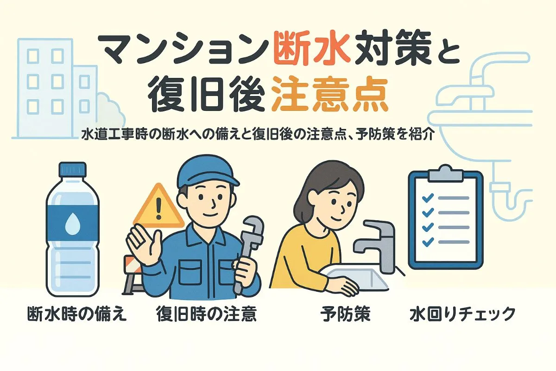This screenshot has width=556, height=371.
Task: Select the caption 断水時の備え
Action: pyautogui.click(x=77, y=314)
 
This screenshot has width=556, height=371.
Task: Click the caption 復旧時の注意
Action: pyautogui.click(x=207, y=314)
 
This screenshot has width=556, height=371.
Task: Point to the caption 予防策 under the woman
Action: pyautogui.click(x=345, y=314)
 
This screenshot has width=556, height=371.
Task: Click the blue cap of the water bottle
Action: pyautogui.click(x=72, y=169)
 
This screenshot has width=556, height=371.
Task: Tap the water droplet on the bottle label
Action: pyautogui.click(x=72, y=224)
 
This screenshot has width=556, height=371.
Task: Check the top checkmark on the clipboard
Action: pyautogui.click(x=428, y=198)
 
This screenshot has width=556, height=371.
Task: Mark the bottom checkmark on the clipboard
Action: pyautogui.click(x=428, y=242)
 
